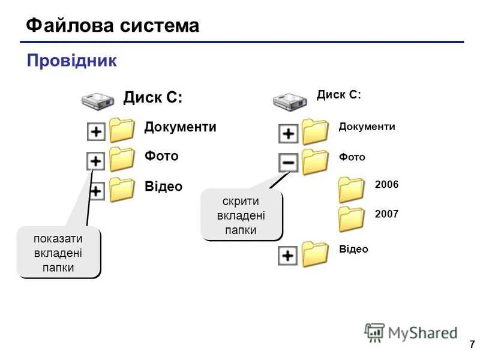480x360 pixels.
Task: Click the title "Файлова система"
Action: (x=113, y=26)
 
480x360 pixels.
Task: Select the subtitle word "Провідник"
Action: (x=71, y=61)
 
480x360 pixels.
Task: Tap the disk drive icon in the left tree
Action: (x=98, y=100)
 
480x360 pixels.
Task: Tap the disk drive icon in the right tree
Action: (x=290, y=100)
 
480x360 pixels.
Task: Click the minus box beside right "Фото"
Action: (x=288, y=162)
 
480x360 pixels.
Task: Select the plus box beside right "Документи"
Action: (x=288, y=133)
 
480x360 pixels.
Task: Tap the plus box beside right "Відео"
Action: (x=288, y=256)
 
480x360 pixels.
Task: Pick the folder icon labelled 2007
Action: (x=351, y=218)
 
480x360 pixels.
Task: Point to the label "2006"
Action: (x=386, y=185)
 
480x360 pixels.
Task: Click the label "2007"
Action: (x=386, y=214)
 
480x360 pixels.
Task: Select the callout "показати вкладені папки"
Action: (x=58, y=253)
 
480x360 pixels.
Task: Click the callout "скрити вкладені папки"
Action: (x=241, y=215)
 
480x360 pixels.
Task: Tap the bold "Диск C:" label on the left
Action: (x=153, y=97)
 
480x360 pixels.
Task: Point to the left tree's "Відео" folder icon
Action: (x=122, y=189)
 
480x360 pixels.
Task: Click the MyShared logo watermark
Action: (x=411, y=332)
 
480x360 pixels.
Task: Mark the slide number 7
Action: (x=472, y=345)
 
